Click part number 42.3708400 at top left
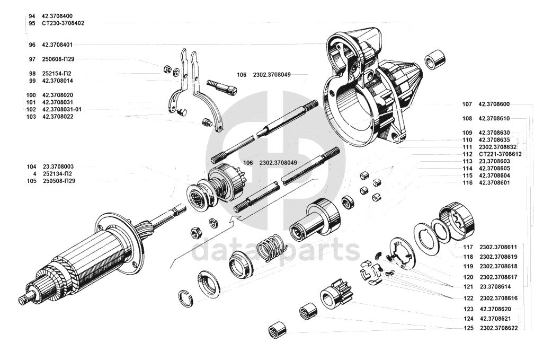click(57, 16)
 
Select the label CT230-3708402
click(63, 23)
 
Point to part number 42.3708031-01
click(61, 109)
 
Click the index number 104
click(31, 166)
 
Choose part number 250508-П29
click(59, 181)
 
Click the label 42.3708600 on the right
click(494, 104)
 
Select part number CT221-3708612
click(500, 154)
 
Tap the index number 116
click(468, 182)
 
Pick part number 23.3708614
click(495, 287)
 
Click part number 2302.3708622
click(499, 328)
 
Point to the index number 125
click(468, 328)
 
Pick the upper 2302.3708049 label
click(272, 75)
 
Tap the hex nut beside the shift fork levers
click(167, 69)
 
